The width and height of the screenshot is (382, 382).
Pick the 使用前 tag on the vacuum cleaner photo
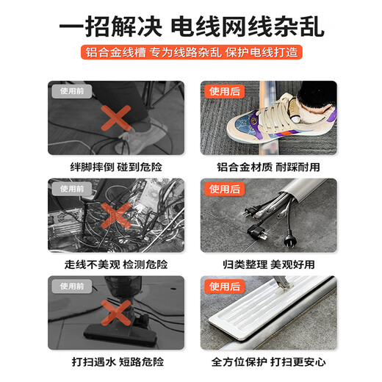click(x=72, y=286)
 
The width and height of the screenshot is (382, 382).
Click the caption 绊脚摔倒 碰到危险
click(x=115, y=167)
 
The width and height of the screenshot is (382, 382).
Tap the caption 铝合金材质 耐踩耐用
click(x=267, y=167)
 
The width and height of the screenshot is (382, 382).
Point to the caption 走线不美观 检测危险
click(x=115, y=264)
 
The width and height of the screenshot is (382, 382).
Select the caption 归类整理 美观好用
click(x=267, y=264)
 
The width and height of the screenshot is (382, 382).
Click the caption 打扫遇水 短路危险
click(x=115, y=361)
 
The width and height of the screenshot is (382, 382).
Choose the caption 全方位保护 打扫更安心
click(x=267, y=361)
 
